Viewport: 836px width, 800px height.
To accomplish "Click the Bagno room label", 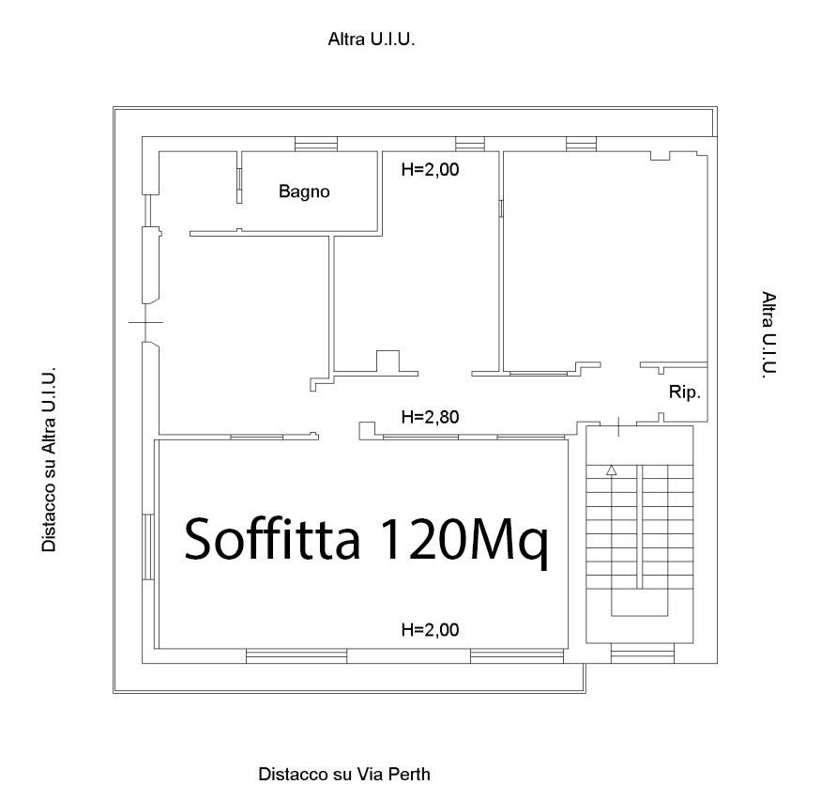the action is pyautogui.click(x=304, y=191).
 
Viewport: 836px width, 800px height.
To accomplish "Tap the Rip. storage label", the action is pyautogui.click(x=685, y=392).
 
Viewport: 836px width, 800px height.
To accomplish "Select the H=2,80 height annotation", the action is pyautogui.click(x=430, y=417).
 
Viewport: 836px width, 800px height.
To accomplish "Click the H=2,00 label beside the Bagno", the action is pyautogui.click(x=430, y=170).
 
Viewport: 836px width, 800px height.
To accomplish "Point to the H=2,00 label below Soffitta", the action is pyautogui.click(x=430, y=630).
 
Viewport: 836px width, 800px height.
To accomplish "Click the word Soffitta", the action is pyautogui.click(x=272, y=538).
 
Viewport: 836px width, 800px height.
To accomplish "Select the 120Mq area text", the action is pyautogui.click(x=463, y=542).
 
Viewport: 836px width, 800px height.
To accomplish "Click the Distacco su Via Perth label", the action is pyautogui.click(x=344, y=774).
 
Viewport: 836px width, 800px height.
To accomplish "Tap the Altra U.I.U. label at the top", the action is pyautogui.click(x=371, y=38).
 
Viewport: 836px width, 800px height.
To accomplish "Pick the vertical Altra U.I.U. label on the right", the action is pyautogui.click(x=768, y=334).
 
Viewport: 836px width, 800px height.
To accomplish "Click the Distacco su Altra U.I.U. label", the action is pyautogui.click(x=49, y=459).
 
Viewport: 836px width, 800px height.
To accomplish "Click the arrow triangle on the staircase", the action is pyautogui.click(x=612, y=470).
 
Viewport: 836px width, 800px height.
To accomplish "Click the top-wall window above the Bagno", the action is pyautogui.click(x=316, y=144).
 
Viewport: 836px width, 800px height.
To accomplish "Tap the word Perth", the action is pyautogui.click(x=409, y=774).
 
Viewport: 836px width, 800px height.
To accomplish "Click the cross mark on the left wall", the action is pyautogui.click(x=145, y=322).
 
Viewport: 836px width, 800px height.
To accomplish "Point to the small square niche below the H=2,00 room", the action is pyautogui.click(x=388, y=361).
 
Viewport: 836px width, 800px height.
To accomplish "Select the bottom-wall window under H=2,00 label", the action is pyautogui.click(x=517, y=656).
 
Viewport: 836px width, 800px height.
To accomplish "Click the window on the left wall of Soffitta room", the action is pyautogui.click(x=148, y=546).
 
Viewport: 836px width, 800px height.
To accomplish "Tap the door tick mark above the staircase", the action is pyautogui.click(x=618, y=426).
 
